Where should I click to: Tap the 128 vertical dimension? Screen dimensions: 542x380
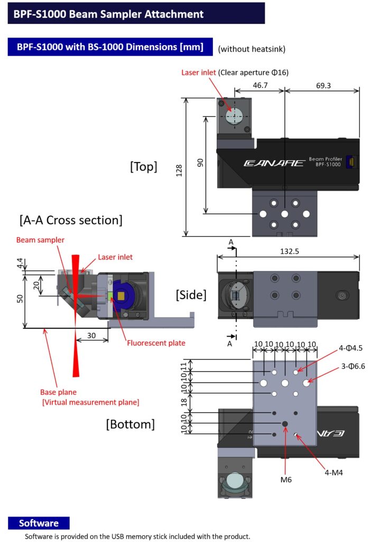tap(179, 169)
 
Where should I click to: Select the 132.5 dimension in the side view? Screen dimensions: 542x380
tap(289, 252)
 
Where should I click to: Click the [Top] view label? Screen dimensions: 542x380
tap(143, 167)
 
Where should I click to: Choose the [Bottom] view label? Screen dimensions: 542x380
tap(130, 424)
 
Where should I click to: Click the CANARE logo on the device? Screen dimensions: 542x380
tap(274, 162)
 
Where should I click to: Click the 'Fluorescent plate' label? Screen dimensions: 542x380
tap(156, 343)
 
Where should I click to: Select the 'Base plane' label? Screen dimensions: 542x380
tap(58, 392)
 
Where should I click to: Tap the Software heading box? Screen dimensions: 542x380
tap(39, 523)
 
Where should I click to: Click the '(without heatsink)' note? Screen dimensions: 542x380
tap(252, 49)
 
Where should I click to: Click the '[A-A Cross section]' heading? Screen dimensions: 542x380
tap(70, 219)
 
